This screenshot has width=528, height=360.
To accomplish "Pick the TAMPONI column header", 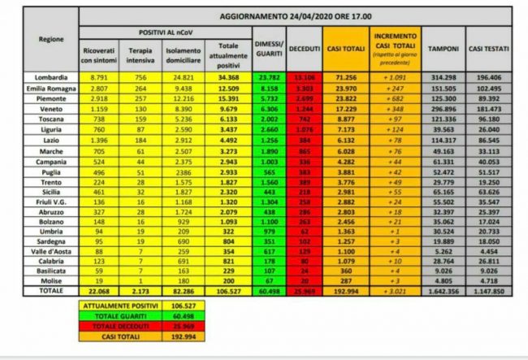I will pos(444,48).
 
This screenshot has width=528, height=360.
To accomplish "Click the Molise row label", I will pos(45,279).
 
